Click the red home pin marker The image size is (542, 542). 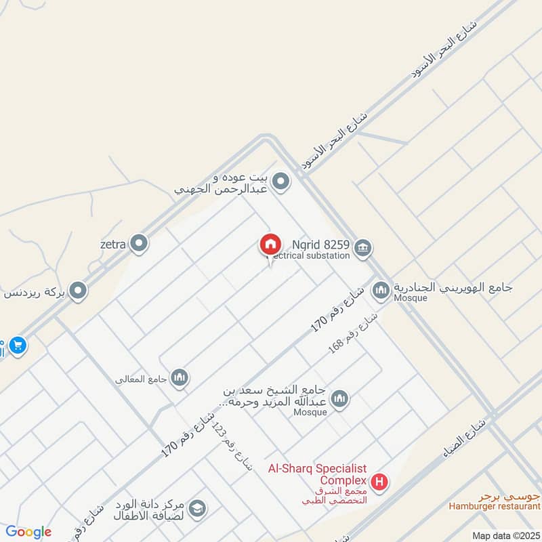(x=270, y=245)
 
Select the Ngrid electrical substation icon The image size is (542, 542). (x=362, y=248)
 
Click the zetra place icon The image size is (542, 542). (x=140, y=243)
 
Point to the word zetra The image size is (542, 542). (x=114, y=244)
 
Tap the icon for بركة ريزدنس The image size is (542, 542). (x=79, y=291)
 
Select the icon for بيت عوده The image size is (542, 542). (x=281, y=182)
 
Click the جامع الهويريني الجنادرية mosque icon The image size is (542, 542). (x=381, y=291)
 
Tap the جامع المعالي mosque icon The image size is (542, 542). (x=180, y=377)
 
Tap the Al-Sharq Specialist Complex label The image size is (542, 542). (x=317, y=474)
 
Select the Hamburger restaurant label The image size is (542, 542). (x=494, y=506)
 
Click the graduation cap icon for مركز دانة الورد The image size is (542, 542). (x=197, y=508)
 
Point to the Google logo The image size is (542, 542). (x=28, y=532)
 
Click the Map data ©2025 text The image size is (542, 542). (x=505, y=536)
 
